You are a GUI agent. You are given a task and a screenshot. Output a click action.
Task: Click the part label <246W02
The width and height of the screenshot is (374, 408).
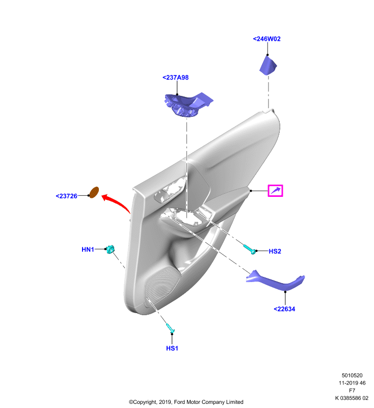[266, 39]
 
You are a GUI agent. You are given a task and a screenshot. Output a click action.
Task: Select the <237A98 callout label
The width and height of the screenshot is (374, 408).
[175, 78]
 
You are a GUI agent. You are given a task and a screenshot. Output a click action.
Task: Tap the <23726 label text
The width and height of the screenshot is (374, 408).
[67, 196]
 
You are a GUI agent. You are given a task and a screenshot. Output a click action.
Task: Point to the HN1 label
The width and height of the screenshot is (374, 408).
[88, 249]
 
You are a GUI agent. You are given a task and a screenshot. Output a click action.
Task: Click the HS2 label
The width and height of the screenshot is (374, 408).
[275, 251]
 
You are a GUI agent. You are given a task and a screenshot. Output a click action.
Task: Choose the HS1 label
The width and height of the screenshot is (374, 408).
[172, 348]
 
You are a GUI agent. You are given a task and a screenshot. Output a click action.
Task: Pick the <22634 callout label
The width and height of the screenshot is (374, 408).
[284, 309]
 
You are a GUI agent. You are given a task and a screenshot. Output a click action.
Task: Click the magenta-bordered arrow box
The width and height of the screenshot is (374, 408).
[275, 191]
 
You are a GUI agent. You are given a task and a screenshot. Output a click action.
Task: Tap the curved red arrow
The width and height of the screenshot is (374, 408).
[116, 201]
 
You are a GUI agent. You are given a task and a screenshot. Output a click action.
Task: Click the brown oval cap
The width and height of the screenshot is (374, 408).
[94, 193]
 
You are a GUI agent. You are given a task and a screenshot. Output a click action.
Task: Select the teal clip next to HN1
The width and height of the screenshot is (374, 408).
[110, 249]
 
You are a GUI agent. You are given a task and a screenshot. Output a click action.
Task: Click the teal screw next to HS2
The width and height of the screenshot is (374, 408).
[250, 249]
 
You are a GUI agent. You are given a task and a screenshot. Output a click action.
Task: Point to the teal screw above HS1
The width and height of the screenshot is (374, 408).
[170, 328]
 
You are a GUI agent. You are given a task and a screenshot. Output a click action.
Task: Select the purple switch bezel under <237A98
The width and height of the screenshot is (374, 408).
[188, 104]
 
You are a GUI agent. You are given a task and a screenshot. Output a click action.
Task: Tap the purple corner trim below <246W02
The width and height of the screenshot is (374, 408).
[268, 65]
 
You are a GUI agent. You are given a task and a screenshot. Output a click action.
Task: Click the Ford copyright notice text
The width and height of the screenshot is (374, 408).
[186, 402]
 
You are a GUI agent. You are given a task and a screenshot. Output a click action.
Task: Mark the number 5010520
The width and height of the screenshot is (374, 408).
[352, 375]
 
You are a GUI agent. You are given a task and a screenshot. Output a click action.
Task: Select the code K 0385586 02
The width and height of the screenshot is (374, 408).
[352, 398]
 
